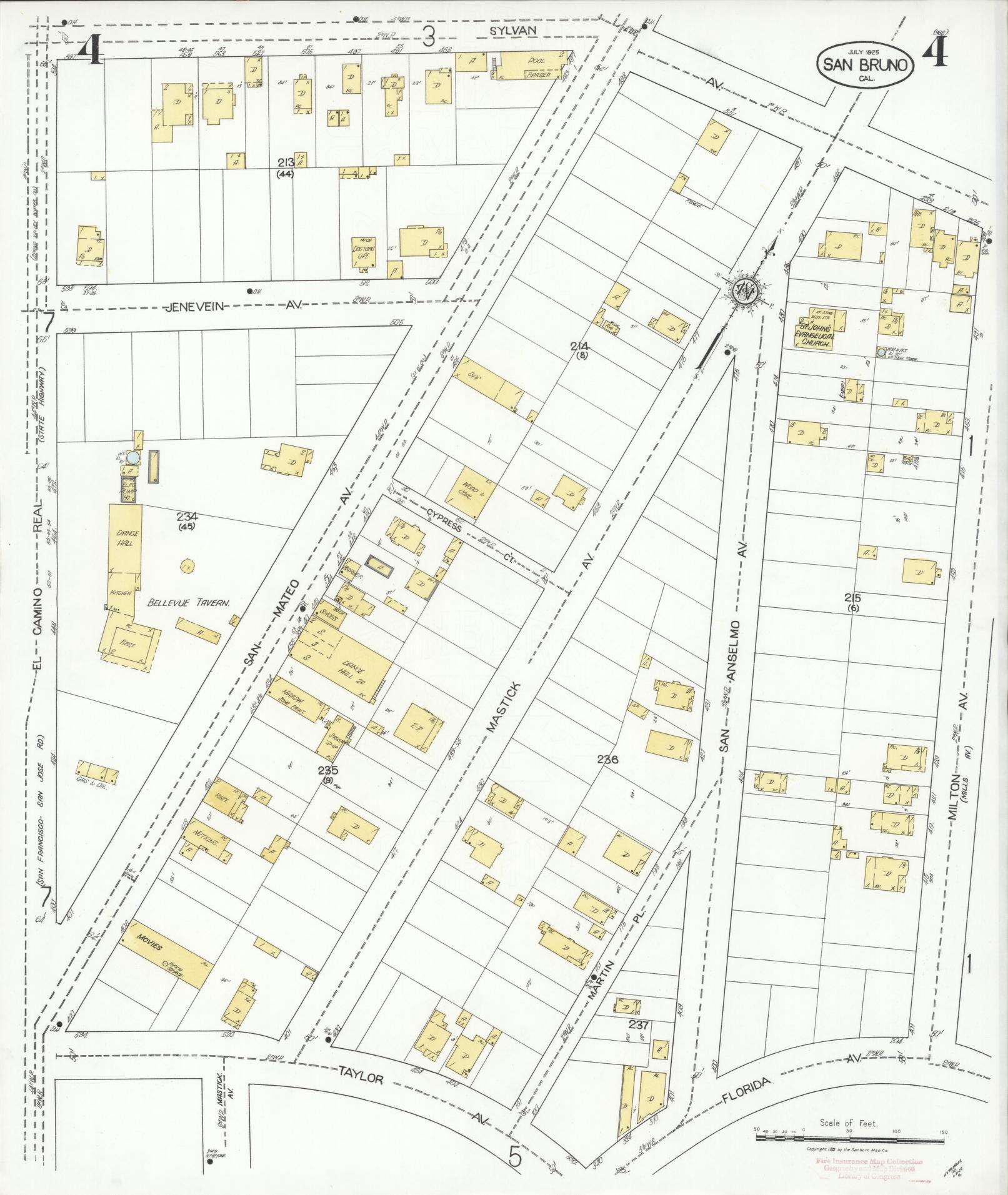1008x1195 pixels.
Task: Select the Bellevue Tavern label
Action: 189,603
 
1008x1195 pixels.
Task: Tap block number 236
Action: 607,760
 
